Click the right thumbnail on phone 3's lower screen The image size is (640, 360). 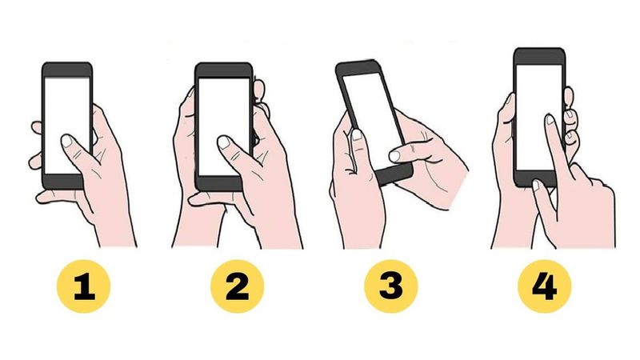click(394, 154)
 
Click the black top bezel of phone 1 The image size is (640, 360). click(67, 69)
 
